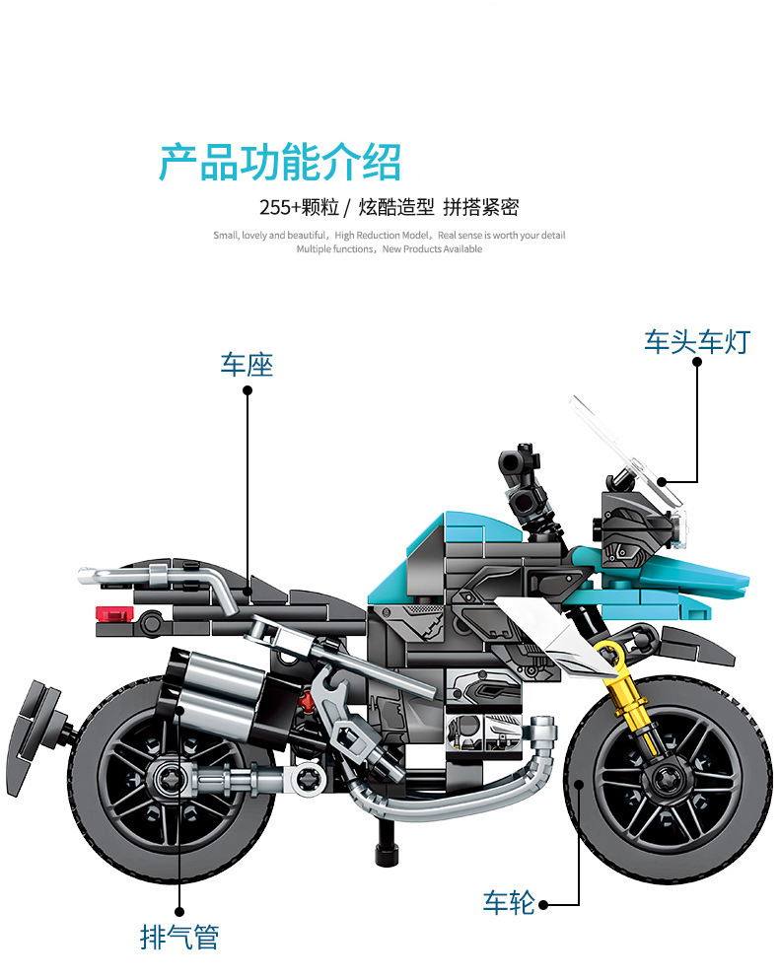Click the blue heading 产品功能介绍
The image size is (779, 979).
[280, 163]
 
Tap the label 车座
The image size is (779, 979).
[247, 365]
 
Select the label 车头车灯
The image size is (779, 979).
[697, 341]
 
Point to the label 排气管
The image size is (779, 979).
[178, 936]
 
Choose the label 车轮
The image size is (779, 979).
[509, 902]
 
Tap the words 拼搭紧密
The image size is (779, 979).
[480, 207]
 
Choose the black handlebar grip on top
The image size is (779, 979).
[523, 459]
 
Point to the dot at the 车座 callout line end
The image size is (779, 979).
[248, 390]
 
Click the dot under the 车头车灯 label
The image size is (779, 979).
[697, 361]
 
